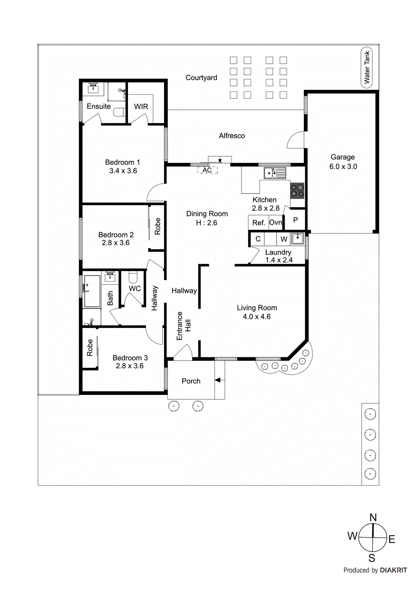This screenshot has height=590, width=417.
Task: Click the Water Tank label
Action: [366, 67]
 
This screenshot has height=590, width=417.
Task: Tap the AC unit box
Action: [208, 170]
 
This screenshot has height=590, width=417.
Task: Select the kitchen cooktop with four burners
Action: [297, 191]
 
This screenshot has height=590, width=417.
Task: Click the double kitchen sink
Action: [275, 173]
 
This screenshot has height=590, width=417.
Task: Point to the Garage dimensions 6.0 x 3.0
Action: [343, 166]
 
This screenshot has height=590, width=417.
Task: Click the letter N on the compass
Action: [373, 517]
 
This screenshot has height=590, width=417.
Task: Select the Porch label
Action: [191, 381]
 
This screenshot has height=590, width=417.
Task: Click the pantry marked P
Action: [295, 220]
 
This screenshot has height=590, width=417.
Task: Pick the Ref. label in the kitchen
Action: [258, 223]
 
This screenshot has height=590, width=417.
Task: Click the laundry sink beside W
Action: [297, 239]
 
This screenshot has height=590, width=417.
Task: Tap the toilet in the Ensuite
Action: [119, 112]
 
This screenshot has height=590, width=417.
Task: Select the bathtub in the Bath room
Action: [92, 291]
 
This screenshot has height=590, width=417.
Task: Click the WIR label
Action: [141, 107]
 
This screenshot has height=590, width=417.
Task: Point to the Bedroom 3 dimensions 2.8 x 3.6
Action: [129, 366]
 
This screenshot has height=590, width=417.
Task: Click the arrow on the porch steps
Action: [218, 380]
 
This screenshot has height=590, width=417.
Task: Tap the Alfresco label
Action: [232, 136]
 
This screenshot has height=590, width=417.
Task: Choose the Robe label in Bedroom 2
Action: [157, 226]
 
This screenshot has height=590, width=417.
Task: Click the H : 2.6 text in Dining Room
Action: [206, 223]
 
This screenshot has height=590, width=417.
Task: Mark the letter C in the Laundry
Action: [258, 239]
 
